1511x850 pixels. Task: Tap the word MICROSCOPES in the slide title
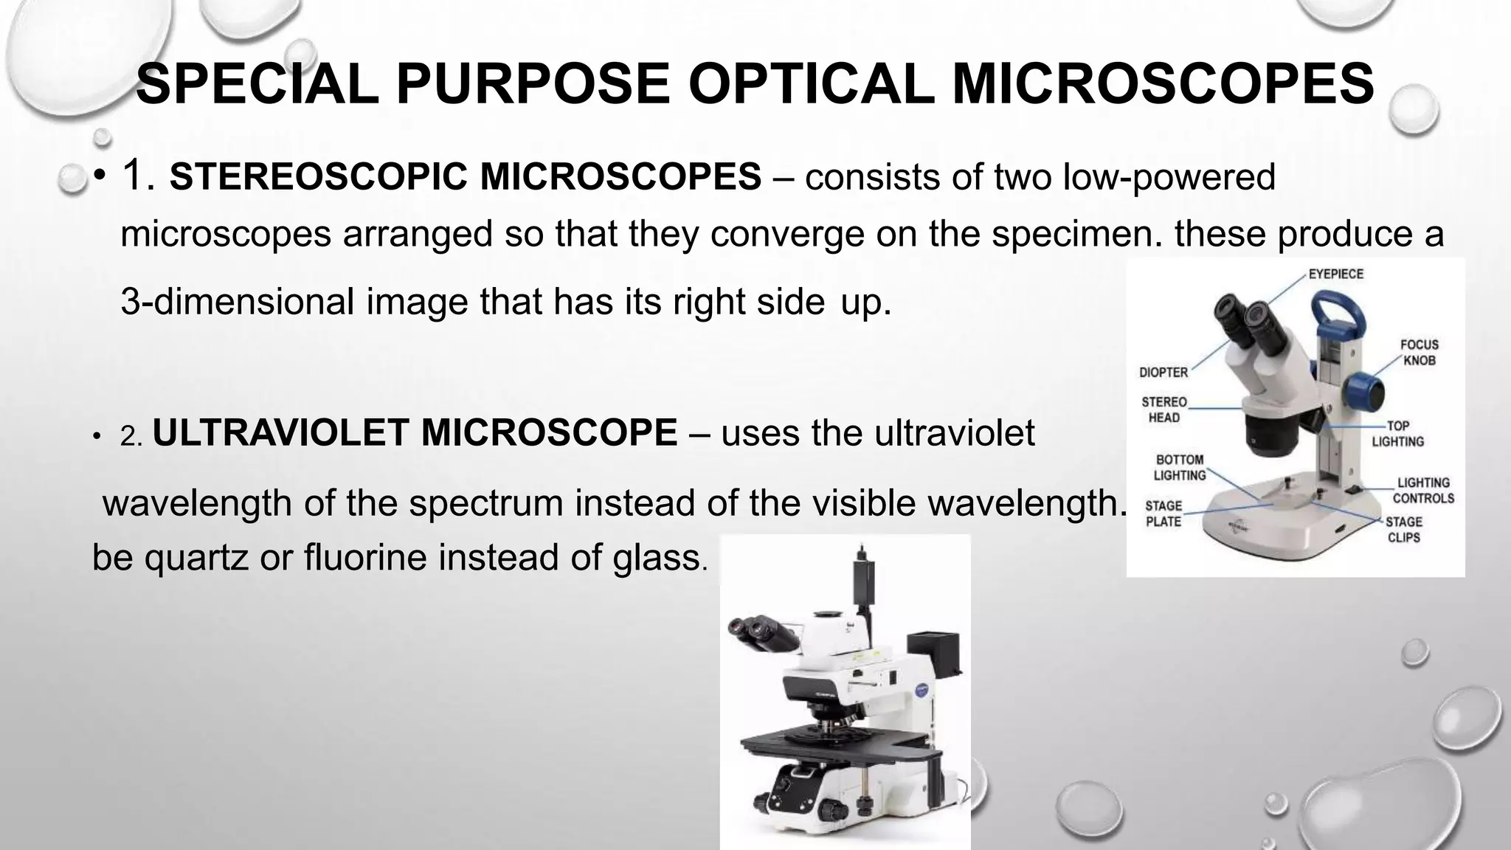pyautogui.click(x=1163, y=83)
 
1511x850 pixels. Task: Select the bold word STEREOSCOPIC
pyautogui.click(x=320, y=178)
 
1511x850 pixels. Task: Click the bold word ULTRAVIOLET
pyautogui.click(x=280, y=432)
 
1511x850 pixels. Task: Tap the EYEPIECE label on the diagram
pyautogui.click(x=1335, y=274)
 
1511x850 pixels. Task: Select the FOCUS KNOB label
pyautogui.click(x=1419, y=353)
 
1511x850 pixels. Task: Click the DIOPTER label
pyautogui.click(x=1163, y=373)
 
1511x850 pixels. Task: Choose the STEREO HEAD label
pyautogui.click(x=1163, y=410)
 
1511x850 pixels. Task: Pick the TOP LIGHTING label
pyautogui.click(x=1397, y=434)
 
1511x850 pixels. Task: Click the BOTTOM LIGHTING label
pyautogui.click(x=1179, y=468)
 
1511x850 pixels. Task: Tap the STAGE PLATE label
pyautogui.click(x=1163, y=514)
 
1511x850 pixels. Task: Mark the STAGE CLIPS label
pyautogui.click(x=1403, y=530)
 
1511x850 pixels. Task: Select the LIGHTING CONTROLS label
pyautogui.click(x=1423, y=491)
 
